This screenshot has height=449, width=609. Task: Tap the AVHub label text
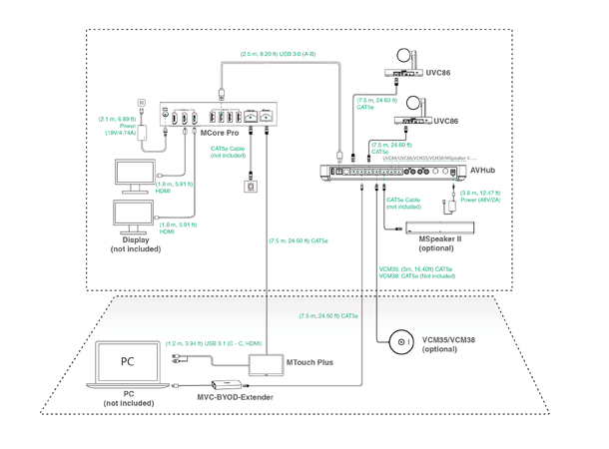tap(483, 171)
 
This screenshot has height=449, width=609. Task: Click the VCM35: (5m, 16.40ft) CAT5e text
tap(415, 268)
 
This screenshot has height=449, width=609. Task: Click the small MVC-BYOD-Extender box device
tap(223, 385)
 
